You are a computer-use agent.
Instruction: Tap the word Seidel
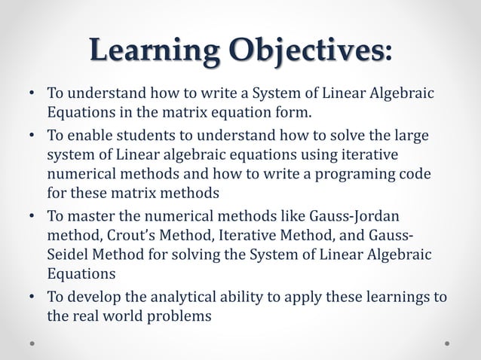tap(68, 255)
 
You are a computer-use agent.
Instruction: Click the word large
tap(410, 136)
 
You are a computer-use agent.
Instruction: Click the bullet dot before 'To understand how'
tap(32, 95)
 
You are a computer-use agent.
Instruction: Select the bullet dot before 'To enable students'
tap(32, 136)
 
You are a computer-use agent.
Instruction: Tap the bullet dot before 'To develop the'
tap(32, 296)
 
